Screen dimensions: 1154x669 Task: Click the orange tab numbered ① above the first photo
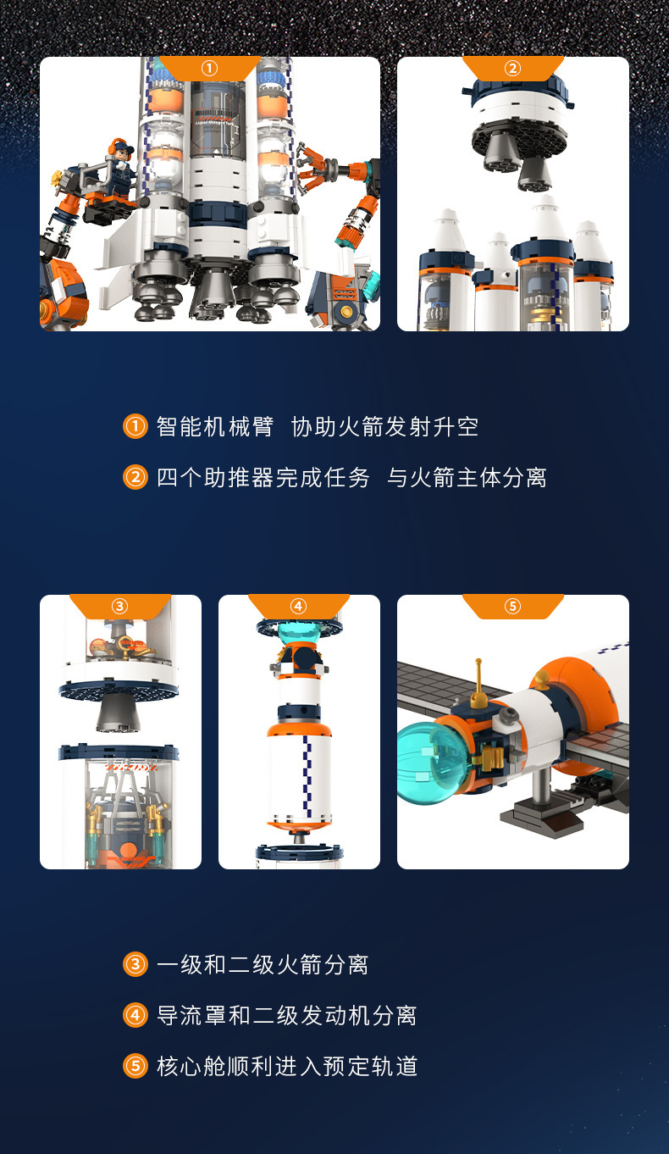tap(209, 68)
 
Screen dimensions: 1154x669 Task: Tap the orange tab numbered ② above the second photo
tap(512, 68)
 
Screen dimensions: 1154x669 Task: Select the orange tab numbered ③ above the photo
tap(119, 606)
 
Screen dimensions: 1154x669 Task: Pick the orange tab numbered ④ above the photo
tap(298, 606)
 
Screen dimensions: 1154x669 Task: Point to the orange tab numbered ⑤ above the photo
tap(512, 606)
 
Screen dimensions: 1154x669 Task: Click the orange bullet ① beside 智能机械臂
tap(135, 426)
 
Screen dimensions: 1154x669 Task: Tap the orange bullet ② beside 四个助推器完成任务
tap(135, 477)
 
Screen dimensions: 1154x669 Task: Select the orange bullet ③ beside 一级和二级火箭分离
tap(135, 964)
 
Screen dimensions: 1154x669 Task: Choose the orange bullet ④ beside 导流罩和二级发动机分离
tap(135, 1015)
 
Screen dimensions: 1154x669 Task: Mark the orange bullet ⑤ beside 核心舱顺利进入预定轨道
tap(135, 1066)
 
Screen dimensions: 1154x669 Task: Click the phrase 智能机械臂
tap(215, 426)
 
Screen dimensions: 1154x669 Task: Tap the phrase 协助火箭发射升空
tap(385, 426)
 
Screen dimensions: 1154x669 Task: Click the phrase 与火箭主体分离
tap(467, 477)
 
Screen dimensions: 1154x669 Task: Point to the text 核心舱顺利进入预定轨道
tap(287, 1066)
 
